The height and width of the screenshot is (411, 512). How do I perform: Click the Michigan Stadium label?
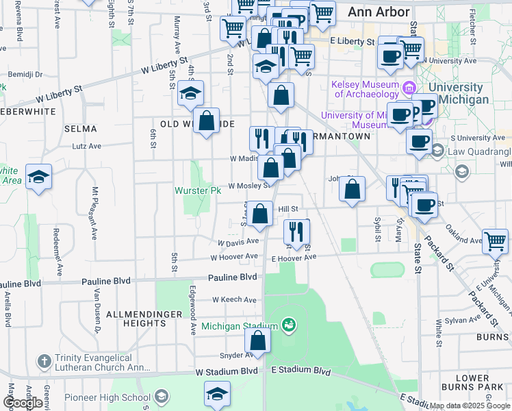click(240, 326)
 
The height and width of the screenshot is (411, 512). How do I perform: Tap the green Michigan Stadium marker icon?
click(290, 324)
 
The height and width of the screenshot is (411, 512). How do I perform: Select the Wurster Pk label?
click(198, 190)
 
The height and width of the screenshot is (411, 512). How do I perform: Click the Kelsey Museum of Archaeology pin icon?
click(409, 87)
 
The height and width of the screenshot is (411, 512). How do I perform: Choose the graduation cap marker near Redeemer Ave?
click(39, 177)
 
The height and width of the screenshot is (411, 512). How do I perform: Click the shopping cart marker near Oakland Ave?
click(495, 240)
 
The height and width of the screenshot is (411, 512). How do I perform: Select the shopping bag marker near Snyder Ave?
click(257, 340)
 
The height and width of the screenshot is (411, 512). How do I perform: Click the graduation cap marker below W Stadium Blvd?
click(217, 394)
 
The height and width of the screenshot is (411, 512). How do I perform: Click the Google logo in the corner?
click(23, 403)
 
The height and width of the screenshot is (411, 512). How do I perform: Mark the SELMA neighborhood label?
click(79, 129)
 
